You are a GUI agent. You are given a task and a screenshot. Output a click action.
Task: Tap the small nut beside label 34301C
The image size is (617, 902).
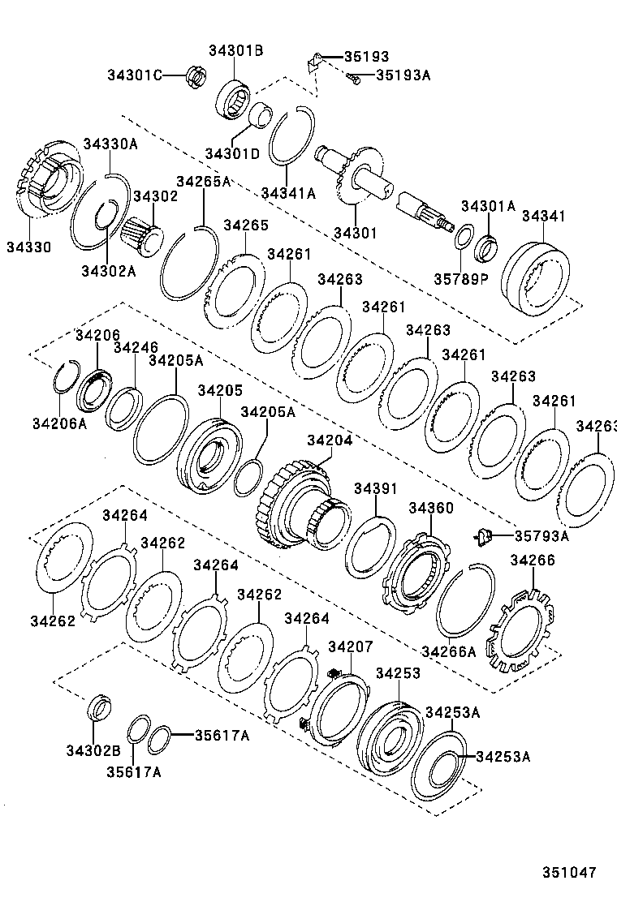tap(194, 76)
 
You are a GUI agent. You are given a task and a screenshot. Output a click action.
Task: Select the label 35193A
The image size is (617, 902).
tap(402, 75)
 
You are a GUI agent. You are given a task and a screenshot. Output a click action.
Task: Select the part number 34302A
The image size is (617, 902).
tap(108, 271)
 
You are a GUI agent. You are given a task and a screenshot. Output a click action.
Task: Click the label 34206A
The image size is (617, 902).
tap(59, 423)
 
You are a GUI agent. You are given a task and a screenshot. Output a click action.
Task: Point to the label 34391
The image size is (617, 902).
tap(375, 488)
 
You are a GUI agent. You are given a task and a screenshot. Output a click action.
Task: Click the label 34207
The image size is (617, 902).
tap(350, 646)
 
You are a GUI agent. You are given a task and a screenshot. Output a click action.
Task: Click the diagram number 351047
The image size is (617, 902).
tap(569, 873)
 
